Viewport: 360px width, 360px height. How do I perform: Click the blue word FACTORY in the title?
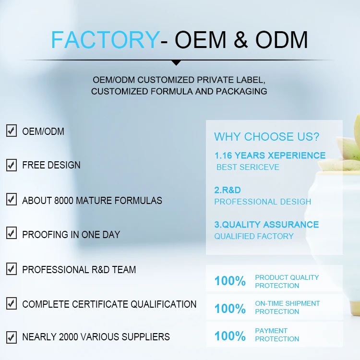(104, 39)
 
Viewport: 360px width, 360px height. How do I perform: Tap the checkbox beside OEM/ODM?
(12, 131)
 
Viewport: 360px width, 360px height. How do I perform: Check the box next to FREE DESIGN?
(12, 165)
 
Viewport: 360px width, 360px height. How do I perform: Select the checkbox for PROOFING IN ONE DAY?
(12, 234)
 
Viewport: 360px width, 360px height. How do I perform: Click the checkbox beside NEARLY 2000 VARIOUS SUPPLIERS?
(12, 336)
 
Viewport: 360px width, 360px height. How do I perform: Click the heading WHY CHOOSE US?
(266, 137)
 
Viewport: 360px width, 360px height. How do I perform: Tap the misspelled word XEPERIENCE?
(297, 156)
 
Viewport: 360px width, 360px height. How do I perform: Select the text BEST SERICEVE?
(248, 168)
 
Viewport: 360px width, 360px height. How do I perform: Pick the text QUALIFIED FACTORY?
(254, 236)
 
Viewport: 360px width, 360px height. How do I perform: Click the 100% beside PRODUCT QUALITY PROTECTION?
(230, 281)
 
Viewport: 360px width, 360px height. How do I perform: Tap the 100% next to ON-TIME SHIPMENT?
(230, 308)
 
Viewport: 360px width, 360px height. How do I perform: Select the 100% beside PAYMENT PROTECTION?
(230, 336)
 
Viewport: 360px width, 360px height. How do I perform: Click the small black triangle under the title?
(176, 62)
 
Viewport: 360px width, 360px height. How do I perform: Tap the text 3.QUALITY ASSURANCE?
(266, 225)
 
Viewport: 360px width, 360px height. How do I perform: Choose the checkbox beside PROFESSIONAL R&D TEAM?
(12, 269)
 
